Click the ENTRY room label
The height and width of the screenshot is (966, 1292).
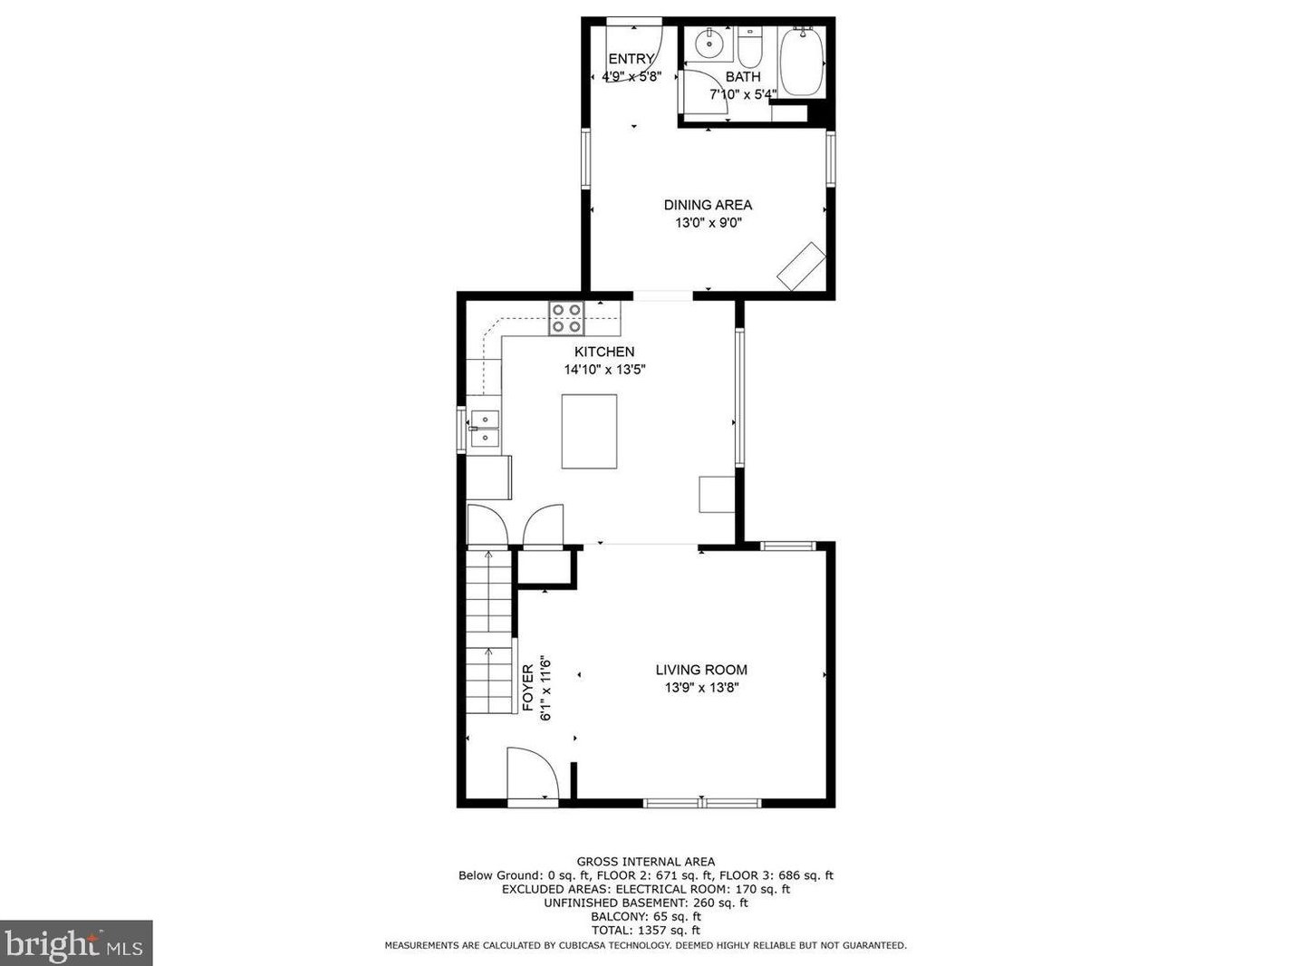631,59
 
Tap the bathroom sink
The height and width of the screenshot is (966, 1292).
709,43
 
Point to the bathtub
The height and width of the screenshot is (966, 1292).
801,61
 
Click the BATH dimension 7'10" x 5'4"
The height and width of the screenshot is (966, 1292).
743,94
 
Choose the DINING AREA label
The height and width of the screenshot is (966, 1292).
708,205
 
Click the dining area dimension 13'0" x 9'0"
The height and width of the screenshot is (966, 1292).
708,223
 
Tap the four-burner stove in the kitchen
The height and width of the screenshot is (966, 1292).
566,318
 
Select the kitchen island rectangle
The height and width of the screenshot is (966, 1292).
589,431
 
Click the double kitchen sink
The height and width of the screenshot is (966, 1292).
485,428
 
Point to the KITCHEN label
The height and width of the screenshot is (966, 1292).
604,352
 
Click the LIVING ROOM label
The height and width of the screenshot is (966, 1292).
701,670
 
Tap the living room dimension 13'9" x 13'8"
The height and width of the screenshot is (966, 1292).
701,687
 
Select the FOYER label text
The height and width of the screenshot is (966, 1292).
528,688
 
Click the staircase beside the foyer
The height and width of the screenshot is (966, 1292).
489,631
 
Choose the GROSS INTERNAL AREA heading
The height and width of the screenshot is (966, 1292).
646,862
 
